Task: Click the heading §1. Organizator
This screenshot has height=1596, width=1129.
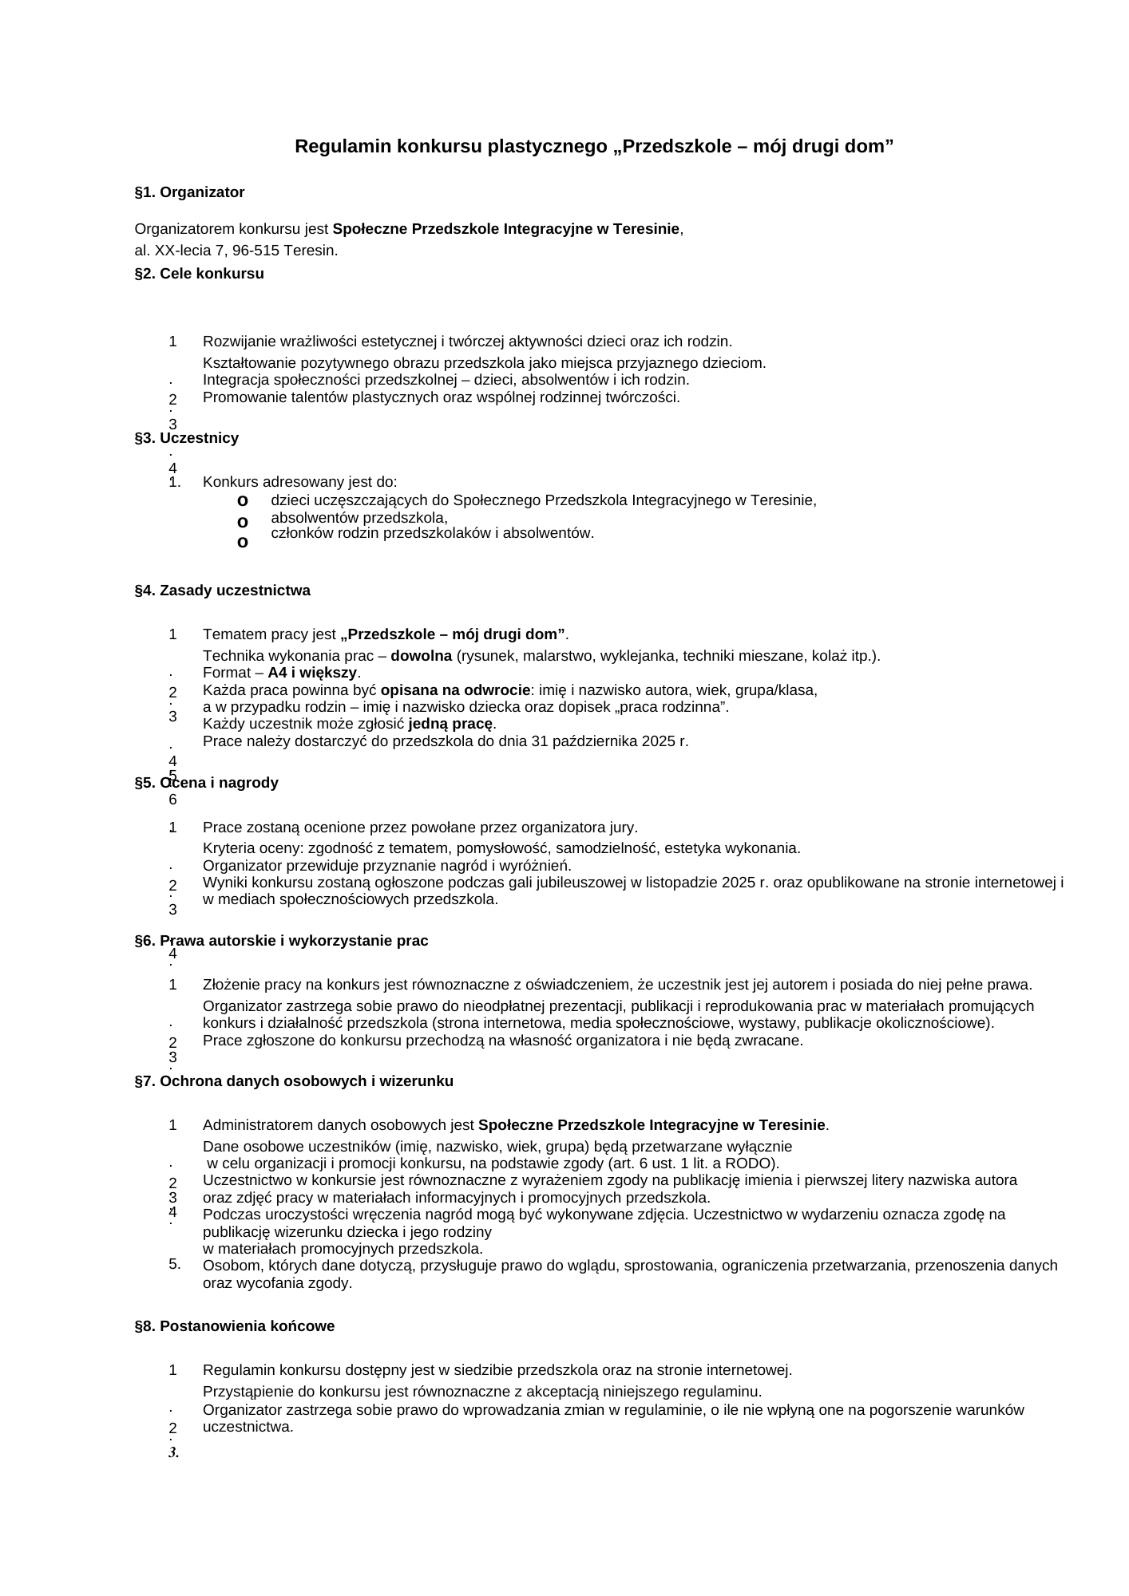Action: coord(189,192)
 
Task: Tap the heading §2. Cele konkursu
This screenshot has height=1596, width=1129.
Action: coord(199,274)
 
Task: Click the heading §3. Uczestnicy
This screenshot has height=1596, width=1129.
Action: coord(186,438)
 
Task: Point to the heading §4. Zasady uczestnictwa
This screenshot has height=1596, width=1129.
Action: coord(222,591)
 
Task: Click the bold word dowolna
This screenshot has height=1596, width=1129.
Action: coord(421,656)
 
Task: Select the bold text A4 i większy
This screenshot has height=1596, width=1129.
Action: coord(312,673)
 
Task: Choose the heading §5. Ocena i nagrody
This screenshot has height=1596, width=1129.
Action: coord(206,783)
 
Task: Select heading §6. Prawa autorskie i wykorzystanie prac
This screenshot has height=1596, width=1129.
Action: coord(281,941)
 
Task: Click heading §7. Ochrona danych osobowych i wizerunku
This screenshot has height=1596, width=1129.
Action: coord(294,1081)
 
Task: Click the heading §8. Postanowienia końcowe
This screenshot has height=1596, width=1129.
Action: coord(234,1326)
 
